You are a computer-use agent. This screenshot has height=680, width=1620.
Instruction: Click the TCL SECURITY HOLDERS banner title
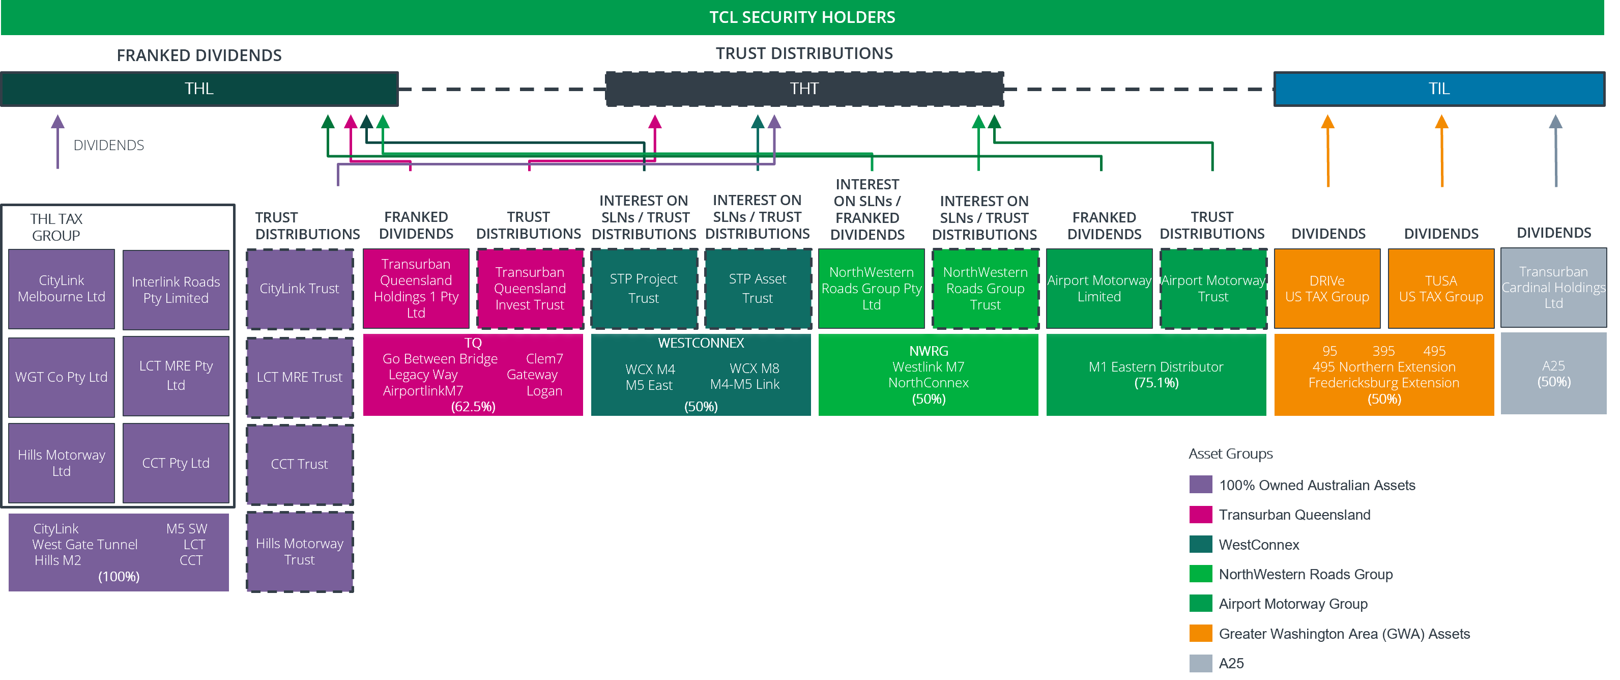pos(802,17)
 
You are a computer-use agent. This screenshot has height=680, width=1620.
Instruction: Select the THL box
pos(199,89)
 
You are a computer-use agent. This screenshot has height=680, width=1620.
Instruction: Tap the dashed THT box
pos(804,89)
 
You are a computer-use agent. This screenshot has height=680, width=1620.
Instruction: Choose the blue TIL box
pos(1439,89)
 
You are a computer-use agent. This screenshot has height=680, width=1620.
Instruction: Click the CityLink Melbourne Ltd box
pos(62,289)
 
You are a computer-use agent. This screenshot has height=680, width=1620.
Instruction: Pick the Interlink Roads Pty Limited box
pos(176,290)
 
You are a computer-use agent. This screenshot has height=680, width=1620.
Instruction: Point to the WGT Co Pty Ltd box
pos(62,377)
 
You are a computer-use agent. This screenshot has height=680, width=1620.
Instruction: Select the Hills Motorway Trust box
pos(299,552)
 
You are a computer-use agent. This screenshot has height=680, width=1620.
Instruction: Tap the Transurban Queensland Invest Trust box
pos(530,289)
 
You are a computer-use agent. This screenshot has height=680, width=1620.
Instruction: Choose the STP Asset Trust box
pos(757,289)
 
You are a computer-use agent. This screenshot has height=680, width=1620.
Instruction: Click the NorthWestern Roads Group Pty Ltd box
pos(871,289)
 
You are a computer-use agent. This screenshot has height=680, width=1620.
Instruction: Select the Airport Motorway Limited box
pos(1098,289)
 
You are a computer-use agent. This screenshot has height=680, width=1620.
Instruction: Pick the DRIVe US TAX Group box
pos(1327,289)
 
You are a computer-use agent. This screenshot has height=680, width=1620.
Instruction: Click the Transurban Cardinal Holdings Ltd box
pos(1553,288)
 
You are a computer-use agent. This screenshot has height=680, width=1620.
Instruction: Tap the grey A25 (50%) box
pos(1553,374)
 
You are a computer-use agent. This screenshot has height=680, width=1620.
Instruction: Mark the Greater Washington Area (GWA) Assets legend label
pos(1344,634)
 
